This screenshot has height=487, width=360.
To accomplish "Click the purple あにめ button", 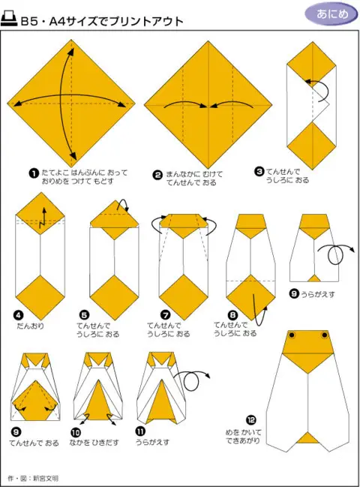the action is [331, 14].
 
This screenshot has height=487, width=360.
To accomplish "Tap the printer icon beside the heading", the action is [9, 20].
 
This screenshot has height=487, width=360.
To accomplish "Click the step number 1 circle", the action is [34, 173].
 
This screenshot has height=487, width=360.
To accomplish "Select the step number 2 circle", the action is [157, 175].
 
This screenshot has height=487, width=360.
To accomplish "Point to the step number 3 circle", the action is [259, 171].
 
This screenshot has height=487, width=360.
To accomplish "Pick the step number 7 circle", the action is [166, 315].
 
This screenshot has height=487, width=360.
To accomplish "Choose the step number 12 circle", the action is [251, 420].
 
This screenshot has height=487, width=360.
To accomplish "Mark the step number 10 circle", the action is [76, 432].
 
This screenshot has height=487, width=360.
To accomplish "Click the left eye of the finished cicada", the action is [292, 335].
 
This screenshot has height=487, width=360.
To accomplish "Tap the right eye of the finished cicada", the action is [325, 335].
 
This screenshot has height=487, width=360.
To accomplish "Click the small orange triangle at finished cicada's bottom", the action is [307, 437].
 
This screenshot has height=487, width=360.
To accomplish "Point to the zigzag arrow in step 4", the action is [43, 218].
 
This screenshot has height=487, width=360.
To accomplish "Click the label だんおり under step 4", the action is [31, 326].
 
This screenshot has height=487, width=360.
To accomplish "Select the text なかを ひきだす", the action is [94, 442].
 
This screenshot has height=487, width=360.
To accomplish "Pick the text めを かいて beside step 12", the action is [243, 432].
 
